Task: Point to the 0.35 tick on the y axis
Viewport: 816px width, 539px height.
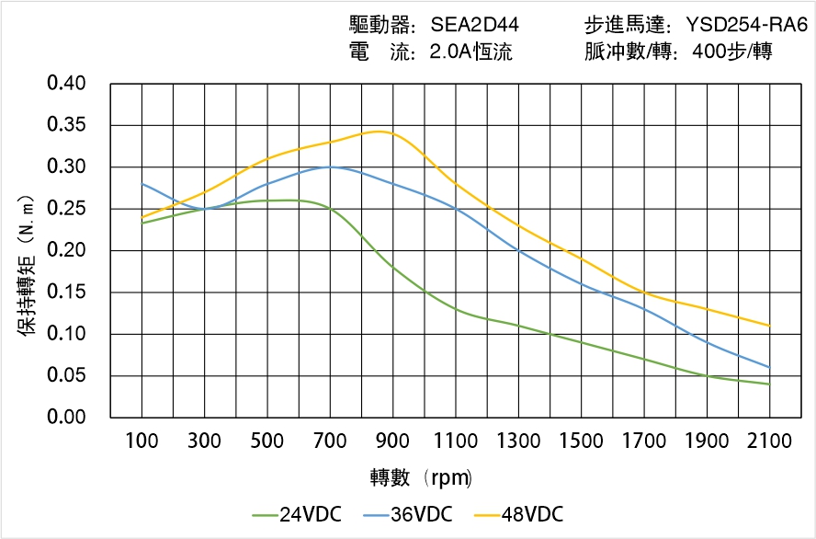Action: [66, 126]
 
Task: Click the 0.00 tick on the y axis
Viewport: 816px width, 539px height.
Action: [66, 418]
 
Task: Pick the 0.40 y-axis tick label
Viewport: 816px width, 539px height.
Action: [66, 85]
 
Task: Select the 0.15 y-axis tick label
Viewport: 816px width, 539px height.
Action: [66, 292]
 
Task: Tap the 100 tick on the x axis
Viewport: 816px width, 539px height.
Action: [142, 442]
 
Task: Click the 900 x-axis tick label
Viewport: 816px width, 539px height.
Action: [392, 442]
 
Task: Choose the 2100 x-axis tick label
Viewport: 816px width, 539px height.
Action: [769, 442]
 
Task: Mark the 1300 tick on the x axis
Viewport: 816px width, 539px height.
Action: [518, 442]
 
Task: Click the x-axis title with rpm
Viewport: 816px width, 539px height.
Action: [420, 478]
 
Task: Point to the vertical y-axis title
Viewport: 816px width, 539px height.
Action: [28, 267]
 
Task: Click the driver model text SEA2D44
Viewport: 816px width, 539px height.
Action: [475, 24]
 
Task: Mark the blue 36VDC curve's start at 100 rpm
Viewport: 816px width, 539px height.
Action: [142, 184]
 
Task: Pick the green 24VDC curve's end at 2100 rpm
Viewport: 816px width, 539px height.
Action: [769, 384]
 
